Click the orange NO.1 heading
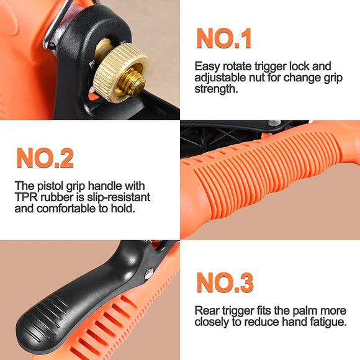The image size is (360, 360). coord(224,38)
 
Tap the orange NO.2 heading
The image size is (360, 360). coord(45,158)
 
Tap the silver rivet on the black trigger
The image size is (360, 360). coord(149,274)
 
